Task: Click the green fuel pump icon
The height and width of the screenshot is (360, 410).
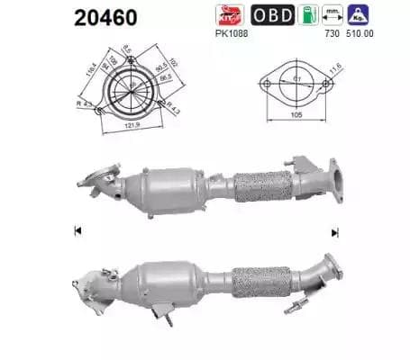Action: click(x=307, y=15)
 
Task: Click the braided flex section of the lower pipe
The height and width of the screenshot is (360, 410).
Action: click(x=262, y=281)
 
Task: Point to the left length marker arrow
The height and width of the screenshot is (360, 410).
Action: click(x=77, y=231)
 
